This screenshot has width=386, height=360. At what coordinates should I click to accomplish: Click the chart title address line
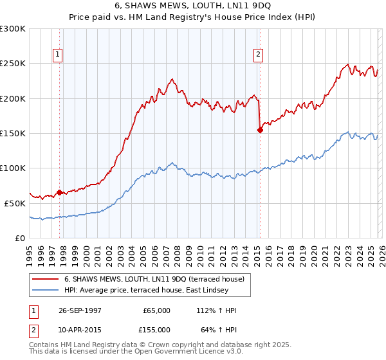point(193,6)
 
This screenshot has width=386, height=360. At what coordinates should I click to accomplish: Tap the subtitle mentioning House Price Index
point(193,17)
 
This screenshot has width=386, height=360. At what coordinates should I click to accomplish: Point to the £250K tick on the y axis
point(13,64)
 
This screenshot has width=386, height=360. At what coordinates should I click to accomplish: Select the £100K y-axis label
point(13,168)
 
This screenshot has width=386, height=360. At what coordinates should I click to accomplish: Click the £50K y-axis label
point(15,203)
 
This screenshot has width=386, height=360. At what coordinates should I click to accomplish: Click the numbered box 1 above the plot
point(59,55)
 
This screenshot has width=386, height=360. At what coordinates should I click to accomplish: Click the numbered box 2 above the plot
point(258,55)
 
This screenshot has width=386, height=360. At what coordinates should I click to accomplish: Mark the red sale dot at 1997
point(60,192)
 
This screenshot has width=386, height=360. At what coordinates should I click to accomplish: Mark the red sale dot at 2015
point(260,130)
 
